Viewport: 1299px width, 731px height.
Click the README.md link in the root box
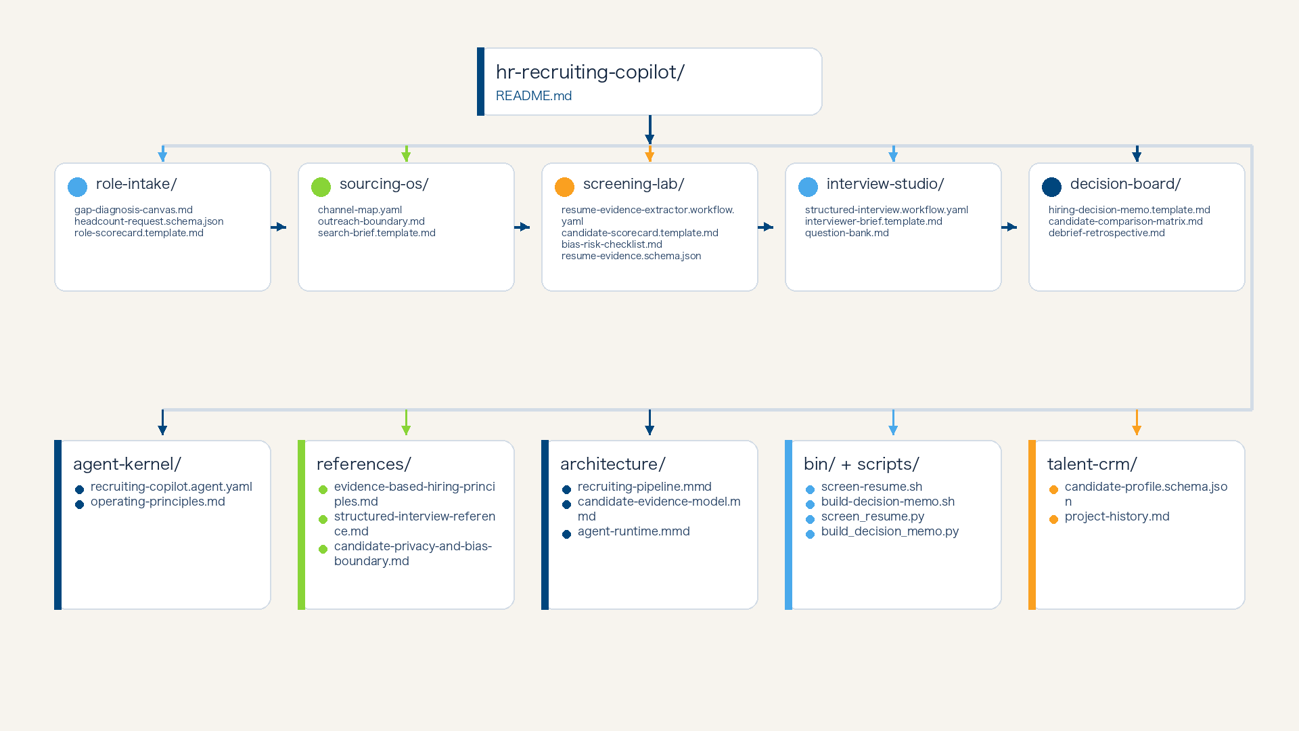534,96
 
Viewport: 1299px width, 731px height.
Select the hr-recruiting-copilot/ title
590,72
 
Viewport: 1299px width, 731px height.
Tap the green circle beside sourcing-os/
321,187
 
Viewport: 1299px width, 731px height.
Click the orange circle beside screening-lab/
564,187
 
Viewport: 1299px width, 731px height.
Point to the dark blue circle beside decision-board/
1051,187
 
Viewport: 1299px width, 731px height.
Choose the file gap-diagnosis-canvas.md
133,210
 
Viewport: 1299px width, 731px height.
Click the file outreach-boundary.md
371,221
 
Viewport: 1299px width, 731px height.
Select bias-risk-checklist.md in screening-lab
612,244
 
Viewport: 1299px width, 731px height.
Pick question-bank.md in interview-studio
847,233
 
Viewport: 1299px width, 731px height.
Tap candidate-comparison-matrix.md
1126,221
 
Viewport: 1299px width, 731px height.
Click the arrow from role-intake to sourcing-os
278,227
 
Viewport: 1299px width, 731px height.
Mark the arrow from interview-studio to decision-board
1009,227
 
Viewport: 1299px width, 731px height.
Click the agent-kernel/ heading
127,464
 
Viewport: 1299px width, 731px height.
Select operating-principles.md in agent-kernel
158,502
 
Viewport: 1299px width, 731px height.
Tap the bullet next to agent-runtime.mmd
566,535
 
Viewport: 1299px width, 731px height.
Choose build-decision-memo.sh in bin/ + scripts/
888,502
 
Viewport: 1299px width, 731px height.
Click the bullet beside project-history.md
1053,520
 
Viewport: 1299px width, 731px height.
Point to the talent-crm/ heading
1092,464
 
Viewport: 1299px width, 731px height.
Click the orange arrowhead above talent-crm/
1137,430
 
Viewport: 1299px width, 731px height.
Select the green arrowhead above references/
406,430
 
